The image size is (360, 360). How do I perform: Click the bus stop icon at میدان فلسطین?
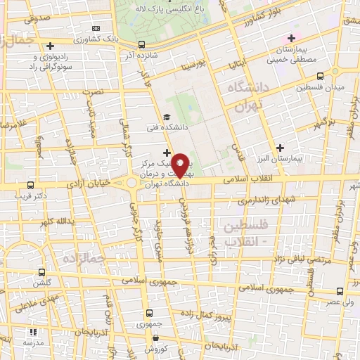click(x=321, y=75)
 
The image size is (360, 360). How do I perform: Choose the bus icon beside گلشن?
click(x=41, y=271)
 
